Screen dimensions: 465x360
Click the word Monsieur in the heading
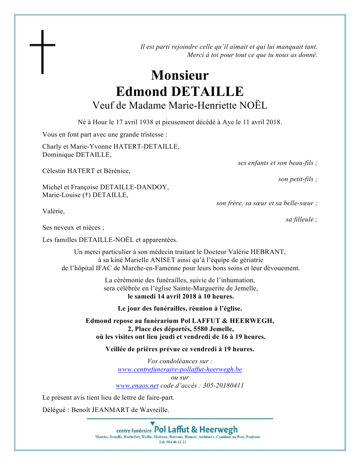click(180, 75)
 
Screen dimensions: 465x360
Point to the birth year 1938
click(146, 122)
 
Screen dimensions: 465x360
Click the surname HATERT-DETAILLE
click(146, 147)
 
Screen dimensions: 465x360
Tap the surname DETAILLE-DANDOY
click(134, 187)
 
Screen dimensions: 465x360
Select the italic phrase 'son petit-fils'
click(296, 179)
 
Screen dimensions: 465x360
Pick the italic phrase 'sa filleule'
click(300, 219)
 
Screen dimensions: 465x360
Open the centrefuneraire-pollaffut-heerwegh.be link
click(180, 369)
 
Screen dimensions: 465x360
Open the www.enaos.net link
click(137, 386)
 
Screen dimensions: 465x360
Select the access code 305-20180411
click(223, 386)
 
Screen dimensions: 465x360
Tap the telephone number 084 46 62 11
click(176, 442)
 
